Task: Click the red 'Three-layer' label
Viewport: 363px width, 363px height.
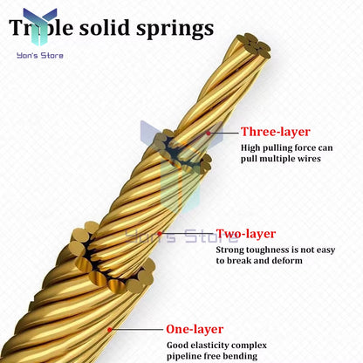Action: click(x=276, y=132)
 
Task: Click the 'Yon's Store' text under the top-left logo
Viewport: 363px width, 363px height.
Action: click(x=40, y=56)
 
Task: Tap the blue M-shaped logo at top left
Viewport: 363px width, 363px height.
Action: click(x=40, y=24)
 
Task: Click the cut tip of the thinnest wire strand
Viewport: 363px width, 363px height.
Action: click(x=257, y=43)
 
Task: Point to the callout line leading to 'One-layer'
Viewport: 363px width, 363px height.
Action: click(x=140, y=330)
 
